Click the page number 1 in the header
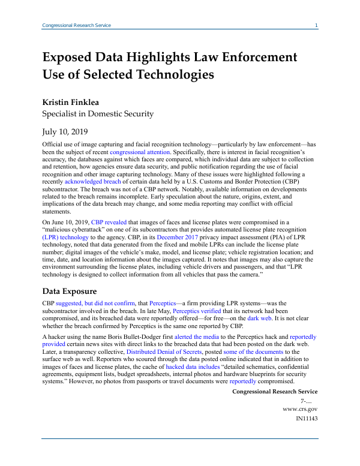point(316,25)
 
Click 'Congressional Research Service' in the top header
point(76,25)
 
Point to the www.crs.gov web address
point(299,408)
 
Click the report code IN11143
point(306,418)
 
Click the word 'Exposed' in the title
point(71,58)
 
